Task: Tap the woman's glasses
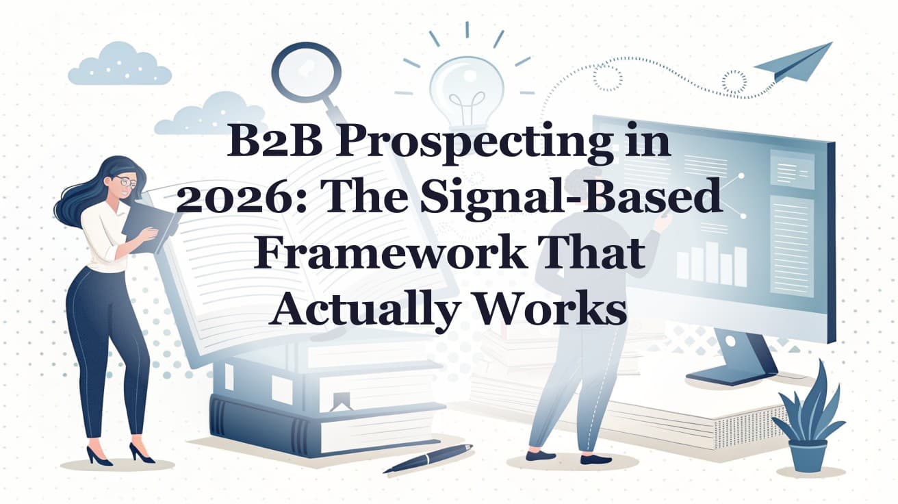[125, 181]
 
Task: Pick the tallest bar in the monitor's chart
[712, 262]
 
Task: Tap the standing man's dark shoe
[541, 455]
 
